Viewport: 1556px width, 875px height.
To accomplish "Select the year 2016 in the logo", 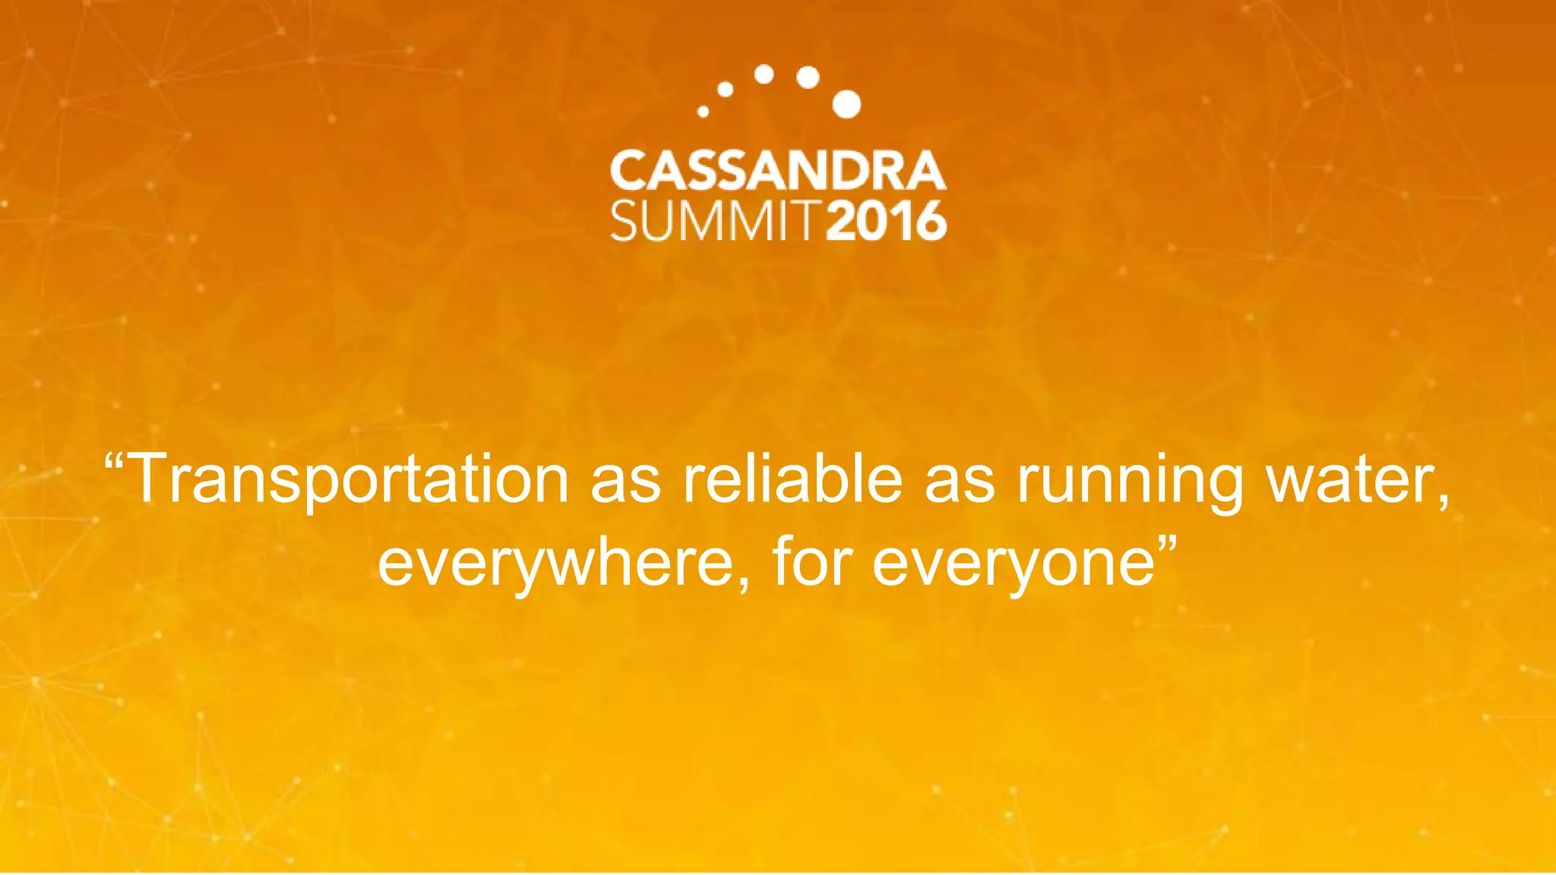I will pyautogui.click(x=886, y=221).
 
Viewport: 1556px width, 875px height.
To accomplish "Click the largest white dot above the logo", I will pyautogui.click(x=846, y=104).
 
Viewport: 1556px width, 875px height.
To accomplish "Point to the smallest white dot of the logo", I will pyautogui.click(x=703, y=112).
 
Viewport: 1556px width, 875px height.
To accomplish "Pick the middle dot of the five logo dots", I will pyautogui.click(x=764, y=74).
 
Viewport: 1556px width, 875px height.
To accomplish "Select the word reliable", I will pyautogui.click(x=792, y=479).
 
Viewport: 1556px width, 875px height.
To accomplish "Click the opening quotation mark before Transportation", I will pyautogui.click(x=114, y=460).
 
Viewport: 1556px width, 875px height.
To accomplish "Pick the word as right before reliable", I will pyautogui.click(x=625, y=483).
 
